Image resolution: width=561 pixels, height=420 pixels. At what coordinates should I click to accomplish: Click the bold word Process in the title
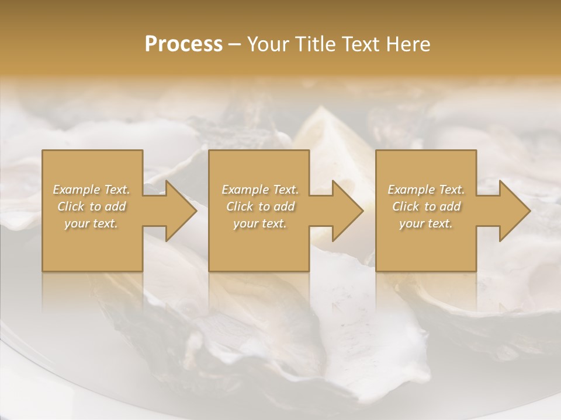[x=183, y=44]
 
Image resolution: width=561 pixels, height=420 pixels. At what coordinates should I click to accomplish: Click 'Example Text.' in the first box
[x=91, y=190]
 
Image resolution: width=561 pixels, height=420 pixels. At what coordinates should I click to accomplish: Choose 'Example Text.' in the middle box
[x=259, y=190]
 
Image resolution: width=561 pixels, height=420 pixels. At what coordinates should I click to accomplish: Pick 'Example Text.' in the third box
[x=426, y=190]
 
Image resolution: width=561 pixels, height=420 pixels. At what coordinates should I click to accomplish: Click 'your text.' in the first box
[x=91, y=223]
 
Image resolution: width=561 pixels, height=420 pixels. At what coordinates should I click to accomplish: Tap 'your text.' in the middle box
[x=259, y=223]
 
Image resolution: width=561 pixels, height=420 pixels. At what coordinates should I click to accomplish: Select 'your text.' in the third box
[x=426, y=223]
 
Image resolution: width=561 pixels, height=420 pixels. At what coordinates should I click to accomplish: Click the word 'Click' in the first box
[x=70, y=206]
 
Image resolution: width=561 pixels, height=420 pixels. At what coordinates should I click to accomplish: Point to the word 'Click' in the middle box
[x=238, y=206]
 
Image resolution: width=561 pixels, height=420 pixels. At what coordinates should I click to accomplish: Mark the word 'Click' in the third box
[x=404, y=206]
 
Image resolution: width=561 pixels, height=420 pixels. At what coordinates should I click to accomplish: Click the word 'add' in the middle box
[x=283, y=206]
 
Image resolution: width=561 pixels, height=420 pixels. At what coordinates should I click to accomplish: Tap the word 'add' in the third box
[x=450, y=206]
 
